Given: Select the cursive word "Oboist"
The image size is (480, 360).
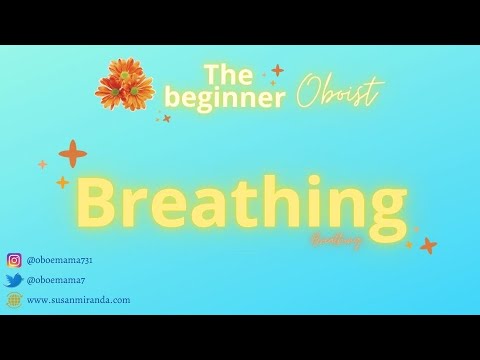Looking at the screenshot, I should (338, 95).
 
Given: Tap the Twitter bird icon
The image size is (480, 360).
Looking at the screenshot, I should (14, 281).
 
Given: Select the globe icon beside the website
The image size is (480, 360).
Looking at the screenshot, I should (14, 299).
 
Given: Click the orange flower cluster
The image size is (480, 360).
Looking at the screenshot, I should (124, 84).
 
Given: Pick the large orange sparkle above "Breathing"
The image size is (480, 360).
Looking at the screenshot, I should (72, 154).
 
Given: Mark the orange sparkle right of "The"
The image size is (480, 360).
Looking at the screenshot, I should (277, 70).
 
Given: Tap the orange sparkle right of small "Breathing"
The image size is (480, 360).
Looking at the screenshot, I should (428, 244).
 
